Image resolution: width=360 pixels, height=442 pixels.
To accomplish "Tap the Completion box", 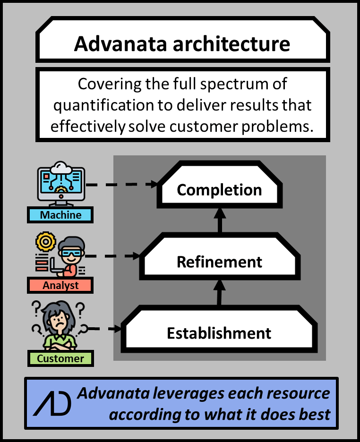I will [219, 190].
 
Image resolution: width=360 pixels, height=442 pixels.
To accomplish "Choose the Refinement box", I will [219, 262].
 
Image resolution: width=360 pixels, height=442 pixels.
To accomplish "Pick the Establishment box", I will [219, 333].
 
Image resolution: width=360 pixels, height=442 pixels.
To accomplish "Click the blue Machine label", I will [60, 215].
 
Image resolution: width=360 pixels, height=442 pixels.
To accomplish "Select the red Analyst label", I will [60, 286].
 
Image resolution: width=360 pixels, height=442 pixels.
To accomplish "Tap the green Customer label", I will [60, 358].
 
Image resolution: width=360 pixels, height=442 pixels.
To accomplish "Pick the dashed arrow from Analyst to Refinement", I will [113, 256].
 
